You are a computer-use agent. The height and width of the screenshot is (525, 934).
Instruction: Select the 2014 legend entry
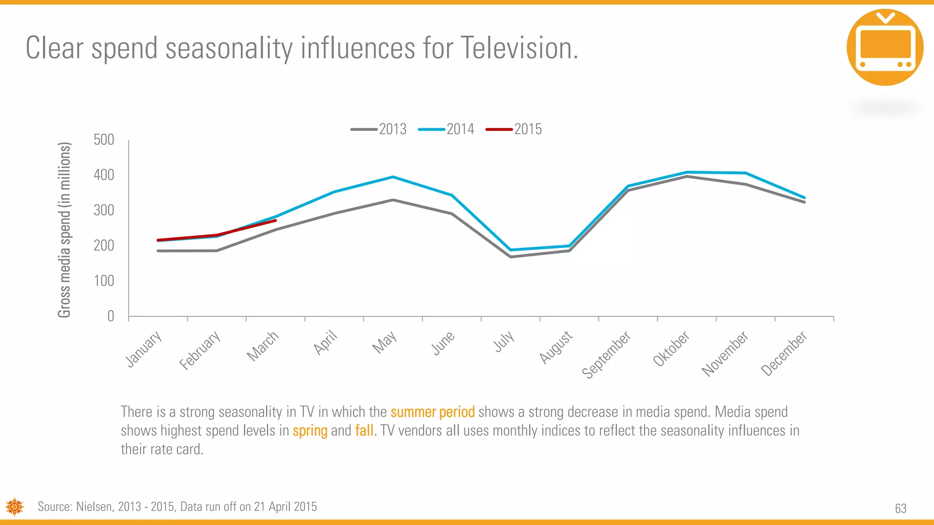447,129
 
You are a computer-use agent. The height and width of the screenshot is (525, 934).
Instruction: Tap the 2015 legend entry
514,129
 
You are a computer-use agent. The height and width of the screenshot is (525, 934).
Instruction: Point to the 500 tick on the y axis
104,139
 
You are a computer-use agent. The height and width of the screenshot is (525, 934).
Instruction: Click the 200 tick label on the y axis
104,246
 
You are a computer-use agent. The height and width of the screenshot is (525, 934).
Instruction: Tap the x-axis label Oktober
671,349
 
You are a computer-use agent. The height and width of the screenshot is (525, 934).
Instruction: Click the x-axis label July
504,342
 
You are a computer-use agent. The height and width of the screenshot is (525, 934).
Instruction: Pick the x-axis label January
144,349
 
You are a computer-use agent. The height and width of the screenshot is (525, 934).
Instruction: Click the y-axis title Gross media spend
64,230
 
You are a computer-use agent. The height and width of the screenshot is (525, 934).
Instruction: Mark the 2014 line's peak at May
393,177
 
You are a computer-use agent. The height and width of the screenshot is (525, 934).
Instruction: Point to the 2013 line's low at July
510,257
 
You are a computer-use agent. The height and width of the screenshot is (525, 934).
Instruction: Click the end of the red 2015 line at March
275,221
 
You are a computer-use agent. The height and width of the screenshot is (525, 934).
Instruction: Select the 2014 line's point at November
745,173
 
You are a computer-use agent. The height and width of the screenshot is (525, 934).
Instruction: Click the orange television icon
885,47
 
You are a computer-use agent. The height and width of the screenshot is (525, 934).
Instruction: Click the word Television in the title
519,48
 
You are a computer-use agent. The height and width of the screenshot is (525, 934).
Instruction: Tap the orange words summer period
432,412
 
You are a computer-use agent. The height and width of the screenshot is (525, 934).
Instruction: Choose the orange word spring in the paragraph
310,431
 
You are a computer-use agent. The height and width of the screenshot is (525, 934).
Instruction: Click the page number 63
900,509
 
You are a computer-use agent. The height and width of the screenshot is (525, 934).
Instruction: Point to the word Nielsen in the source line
93,507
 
